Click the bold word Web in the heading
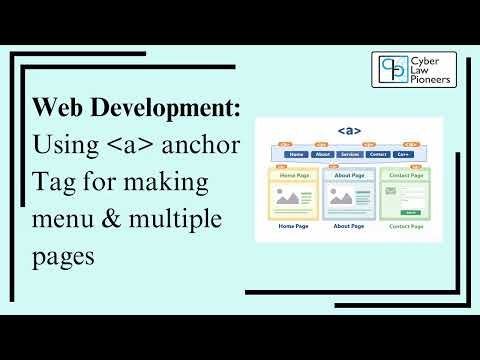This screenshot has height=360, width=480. [x=56, y=108]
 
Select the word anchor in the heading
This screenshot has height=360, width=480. [x=205, y=144]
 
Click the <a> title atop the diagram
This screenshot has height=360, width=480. [x=348, y=131]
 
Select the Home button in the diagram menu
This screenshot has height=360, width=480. [x=296, y=155]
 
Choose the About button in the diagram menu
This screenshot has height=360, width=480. [x=322, y=155]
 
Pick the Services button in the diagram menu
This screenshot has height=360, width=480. [x=349, y=155]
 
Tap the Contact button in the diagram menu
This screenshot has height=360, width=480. [x=377, y=155]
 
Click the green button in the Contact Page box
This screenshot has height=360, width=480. [x=411, y=212]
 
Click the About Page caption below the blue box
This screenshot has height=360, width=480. [x=348, y=227]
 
